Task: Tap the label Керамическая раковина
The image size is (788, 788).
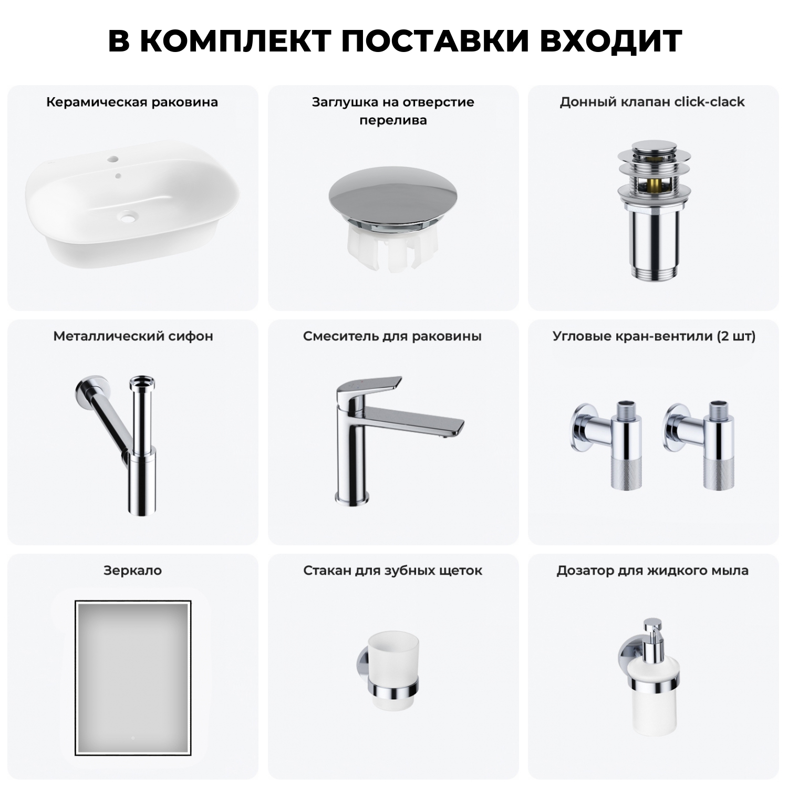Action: (132, 102)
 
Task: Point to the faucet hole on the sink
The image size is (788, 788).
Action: (113, 159)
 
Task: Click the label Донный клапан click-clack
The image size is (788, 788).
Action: (652, 102)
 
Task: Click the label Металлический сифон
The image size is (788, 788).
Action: (133, 336)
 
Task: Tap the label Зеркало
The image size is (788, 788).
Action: (132, 571)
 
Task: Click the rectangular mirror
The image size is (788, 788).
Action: (132, 678)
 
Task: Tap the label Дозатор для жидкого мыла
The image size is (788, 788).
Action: (652, 571)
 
